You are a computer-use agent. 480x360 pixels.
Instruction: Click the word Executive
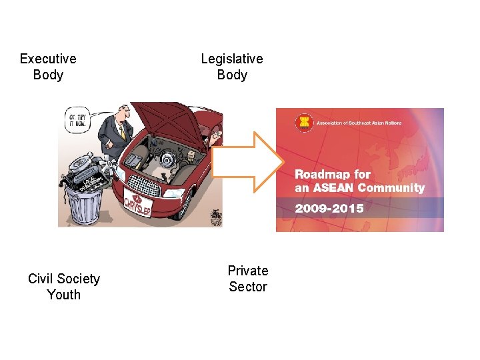tap(48, 59)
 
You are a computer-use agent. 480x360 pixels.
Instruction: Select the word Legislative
tap(232, 59)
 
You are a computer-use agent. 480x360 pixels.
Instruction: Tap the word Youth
tap(64, 295)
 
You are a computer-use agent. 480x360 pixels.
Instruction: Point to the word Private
tap(248, 271)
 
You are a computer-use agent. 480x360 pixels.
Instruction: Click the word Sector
tap(248, 287)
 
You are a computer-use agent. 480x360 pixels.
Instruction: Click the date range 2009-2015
tap(329, 208)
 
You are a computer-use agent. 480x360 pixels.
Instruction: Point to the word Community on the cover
tap(391, 188)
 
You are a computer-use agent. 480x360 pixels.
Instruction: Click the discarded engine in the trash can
tap(83, 172)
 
